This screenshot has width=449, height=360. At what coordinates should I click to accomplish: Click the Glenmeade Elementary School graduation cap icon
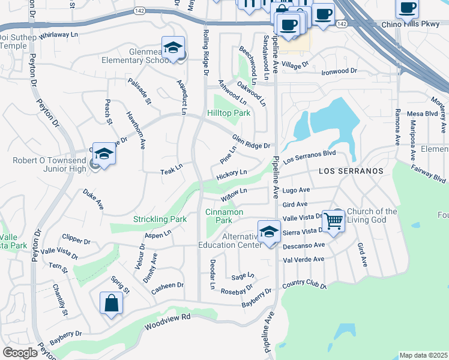coord(173,48)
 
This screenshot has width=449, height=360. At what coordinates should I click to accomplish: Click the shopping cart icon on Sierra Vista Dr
coord(333,220)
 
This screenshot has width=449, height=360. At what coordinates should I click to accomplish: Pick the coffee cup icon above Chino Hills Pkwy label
coord(407,8)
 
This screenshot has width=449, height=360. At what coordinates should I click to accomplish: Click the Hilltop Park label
coord(229,113)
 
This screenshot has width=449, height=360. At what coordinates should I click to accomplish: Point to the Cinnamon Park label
coord(224,216)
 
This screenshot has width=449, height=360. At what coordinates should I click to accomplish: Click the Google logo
coord(20,353)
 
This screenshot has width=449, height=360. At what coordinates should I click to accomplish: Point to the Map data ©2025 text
coord(423,355)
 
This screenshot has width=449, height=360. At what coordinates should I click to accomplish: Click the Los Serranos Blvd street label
coord(309,157)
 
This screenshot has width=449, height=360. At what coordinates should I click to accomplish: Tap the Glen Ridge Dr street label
coord(252,142)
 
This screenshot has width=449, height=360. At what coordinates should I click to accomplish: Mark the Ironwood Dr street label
coord(339,71)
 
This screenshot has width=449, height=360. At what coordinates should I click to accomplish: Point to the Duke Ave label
coord(93,199)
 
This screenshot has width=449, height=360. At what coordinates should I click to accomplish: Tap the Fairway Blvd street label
coord(429,175)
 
